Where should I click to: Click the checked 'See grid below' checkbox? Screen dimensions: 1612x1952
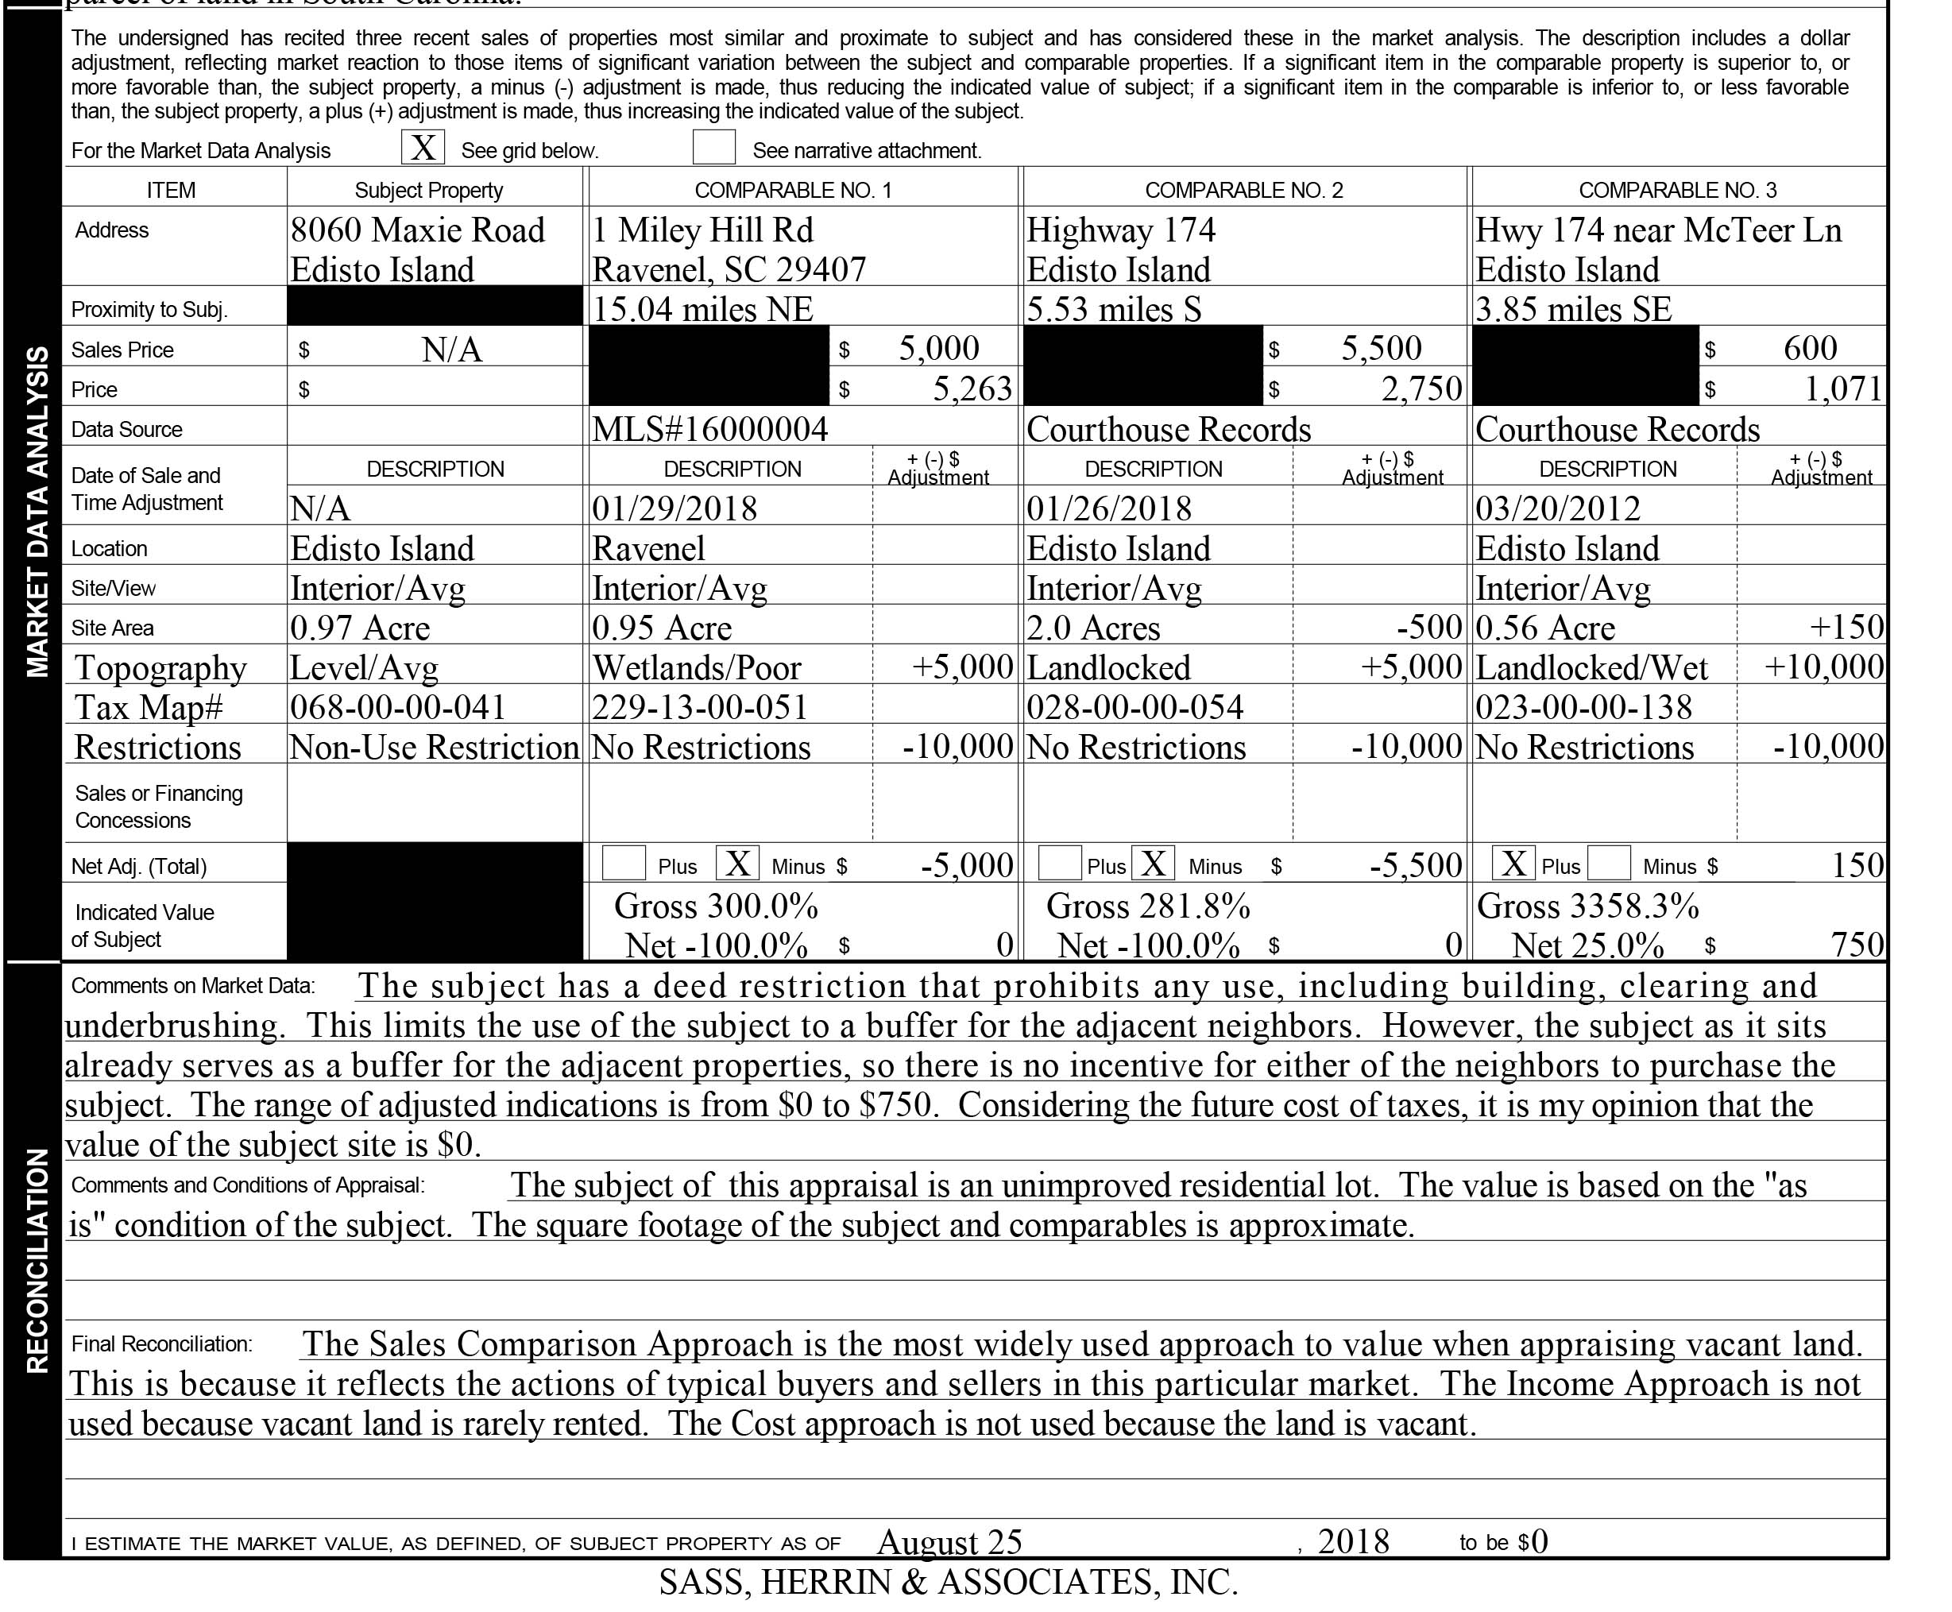click(423, 148)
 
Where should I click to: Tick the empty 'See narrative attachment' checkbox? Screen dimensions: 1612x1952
click(713, 148)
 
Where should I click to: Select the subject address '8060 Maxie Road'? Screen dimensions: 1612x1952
click(417, 230)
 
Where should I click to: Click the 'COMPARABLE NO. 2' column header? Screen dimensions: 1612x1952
click(1243, 191)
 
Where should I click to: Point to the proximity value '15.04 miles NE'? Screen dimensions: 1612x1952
click(702, 309)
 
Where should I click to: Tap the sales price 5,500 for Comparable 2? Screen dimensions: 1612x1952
click(1381, 348)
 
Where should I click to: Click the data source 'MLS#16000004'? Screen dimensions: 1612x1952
click(709, 429)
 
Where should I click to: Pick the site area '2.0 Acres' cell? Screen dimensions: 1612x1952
click(1093, 628)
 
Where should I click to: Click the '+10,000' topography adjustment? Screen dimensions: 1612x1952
click(1824, 667)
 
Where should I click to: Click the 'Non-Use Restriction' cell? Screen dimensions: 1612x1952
click(434, 748)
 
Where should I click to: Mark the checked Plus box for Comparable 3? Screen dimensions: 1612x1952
click(1513, 864)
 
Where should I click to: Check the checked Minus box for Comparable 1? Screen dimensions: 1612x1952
click(737, 864)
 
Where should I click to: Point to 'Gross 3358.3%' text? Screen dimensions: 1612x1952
click(1587, 907)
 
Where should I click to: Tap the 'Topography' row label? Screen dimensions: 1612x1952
click(160, 667)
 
